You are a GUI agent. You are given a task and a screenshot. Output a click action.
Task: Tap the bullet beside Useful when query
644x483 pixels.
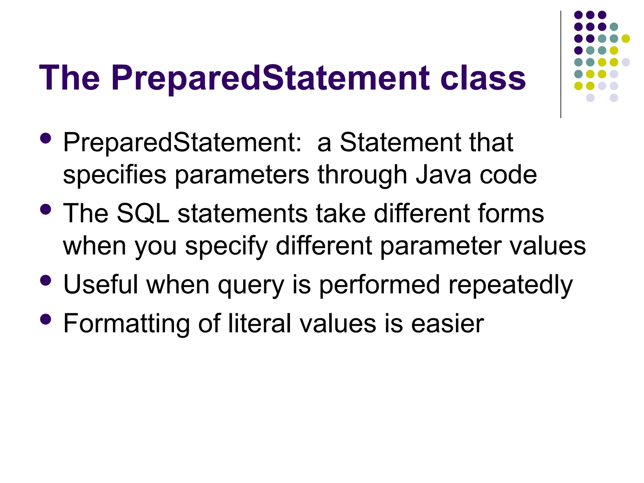point(46,280)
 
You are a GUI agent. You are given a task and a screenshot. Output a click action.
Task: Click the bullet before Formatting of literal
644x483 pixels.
point(46,319)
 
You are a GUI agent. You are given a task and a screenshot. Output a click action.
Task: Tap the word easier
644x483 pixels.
point(447,324)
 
